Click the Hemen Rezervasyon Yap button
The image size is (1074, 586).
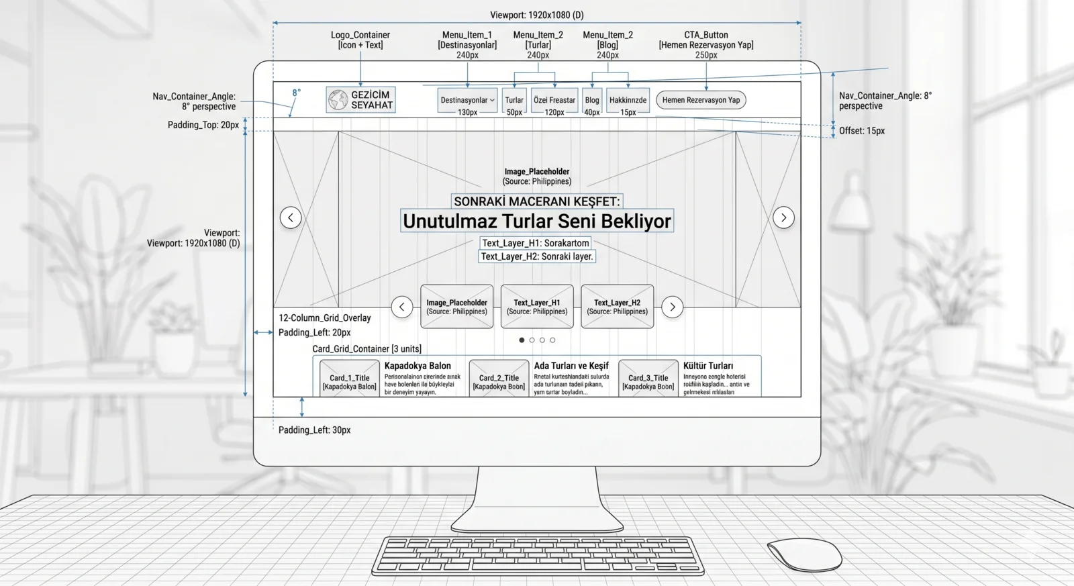coord(701,100)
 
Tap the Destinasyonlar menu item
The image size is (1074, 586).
coord(467,100)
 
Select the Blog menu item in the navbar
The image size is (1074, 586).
coord(592,100)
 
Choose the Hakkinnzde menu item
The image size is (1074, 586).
coord(628,100)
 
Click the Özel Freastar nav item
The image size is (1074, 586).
coord(554,100)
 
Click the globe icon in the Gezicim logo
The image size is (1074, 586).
coord(338,100)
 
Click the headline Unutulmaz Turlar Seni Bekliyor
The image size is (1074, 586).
coord(537,221)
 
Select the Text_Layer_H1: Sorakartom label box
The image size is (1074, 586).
coord(536,243)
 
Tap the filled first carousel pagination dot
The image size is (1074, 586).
coord(522,340)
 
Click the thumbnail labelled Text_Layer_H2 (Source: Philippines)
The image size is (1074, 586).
coord(617,307)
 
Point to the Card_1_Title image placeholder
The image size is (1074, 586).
coord(349,379)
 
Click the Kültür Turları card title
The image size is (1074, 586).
coord(708,366)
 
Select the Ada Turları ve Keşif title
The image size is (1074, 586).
coord(571,366)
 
